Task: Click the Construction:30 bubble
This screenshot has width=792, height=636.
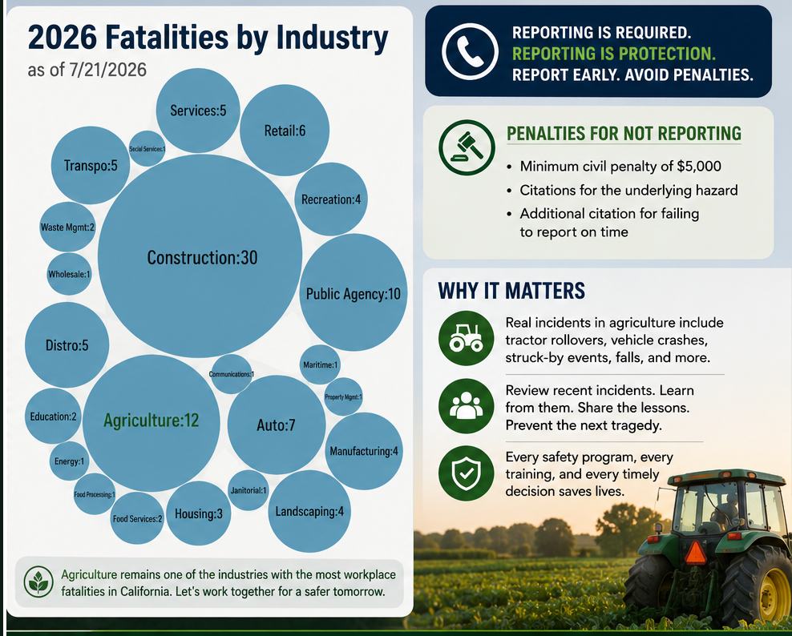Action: [x=200, y=256]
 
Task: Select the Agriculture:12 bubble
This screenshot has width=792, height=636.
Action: [x=151, y=423]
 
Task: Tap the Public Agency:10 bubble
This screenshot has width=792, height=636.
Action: [x=353, y=292]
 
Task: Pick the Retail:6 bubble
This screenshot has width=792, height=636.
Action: [x=285, y=131]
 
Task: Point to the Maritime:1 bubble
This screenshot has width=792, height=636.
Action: [x=320, y=364]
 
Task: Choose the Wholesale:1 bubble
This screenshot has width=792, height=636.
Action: [x=69, y=274]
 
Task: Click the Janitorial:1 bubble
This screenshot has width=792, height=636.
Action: [x=248, y=490]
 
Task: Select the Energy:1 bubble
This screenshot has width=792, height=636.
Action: [x=69, y=461]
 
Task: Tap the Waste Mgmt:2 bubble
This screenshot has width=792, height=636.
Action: [x=67, y=227]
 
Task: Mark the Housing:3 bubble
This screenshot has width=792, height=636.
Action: [x=199, y=513]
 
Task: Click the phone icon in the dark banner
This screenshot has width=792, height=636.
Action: [x=470, y=51]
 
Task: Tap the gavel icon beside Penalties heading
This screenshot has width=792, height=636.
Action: [x=467, y=147]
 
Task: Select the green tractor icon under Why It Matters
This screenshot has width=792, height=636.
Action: [x=467, y=338]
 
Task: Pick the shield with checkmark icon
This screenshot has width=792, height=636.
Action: [x=467, y=473]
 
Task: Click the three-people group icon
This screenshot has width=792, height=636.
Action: [x=467, y=406]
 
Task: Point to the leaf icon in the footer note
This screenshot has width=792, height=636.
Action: [x=39, y=582]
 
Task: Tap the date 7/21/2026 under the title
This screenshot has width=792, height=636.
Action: [x=107, y=70]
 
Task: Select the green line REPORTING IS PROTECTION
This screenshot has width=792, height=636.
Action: [x=614, y=54]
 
